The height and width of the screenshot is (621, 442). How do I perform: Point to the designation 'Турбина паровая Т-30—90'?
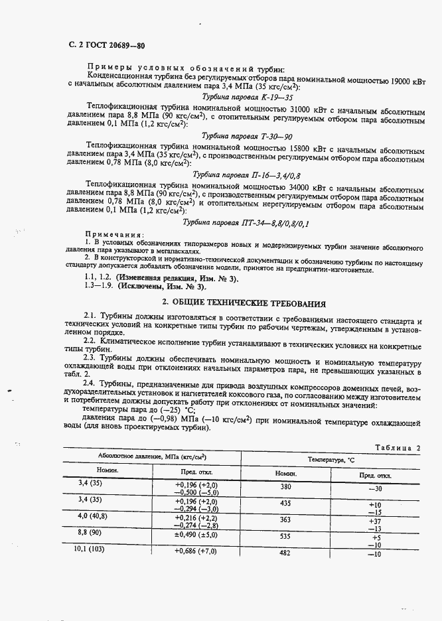[228, 135]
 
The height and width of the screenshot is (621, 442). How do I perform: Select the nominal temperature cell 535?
[285, 536]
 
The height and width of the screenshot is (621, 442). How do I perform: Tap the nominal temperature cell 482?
[285, 553]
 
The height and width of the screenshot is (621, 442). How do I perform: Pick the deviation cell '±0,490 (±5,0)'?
[195, 534]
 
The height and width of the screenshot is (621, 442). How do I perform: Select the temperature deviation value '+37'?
[375, 521]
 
